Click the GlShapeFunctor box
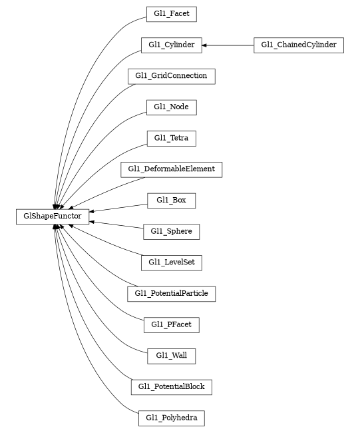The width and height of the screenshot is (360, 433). pyautogui.click(x=53, y=216)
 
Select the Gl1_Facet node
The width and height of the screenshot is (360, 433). pyautogui.click(x=171, y=13)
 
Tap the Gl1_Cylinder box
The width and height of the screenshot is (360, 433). pyautogui.click(x=171, y=45)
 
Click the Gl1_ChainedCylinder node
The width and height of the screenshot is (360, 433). pyautogui.click(x=298, y=45)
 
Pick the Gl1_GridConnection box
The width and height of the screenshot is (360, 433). pyautogui.click(x=171, y=76)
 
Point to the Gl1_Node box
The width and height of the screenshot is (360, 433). pyautogui.click(x=171, y=107)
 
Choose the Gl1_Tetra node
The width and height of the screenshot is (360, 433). pyautogui.click(x=171, y=138)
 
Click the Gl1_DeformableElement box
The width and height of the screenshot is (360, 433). pyautogui.click(x=171, y=169)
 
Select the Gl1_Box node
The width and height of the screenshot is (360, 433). pyautogui.click(x=171, y=200)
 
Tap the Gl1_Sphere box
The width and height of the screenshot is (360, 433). pyautogui.click(x=171, y=231)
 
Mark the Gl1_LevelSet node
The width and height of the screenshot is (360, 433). pyautogui.click(x=171, y=262)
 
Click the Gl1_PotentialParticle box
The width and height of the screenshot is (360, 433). pyautogui.click(x=171, y=293)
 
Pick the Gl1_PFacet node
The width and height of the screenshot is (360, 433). pyautogui.click(x=171, y=324)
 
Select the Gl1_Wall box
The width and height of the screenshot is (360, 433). pyautogui.click(x=171, y=356)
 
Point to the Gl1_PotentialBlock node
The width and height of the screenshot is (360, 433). pyautogui.click(x=171, y=386)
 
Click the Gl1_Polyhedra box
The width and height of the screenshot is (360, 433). pyautogui.click(x=171, y=418)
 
